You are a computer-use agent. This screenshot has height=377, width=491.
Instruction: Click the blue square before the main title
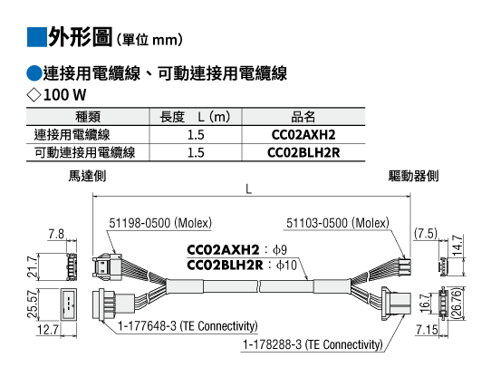tap(36, 37)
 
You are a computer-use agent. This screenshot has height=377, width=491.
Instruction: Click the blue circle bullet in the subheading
tap(34, 73)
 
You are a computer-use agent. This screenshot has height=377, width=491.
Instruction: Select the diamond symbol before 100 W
tap(34, 94)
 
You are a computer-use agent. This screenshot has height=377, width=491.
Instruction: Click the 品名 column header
tap(303, 117)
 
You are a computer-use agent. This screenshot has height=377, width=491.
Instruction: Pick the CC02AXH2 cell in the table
tap(303, 135)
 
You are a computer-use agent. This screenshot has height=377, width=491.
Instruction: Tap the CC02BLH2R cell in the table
tap(303, 152)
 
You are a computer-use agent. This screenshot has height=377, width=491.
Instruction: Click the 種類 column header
tap(88, 117)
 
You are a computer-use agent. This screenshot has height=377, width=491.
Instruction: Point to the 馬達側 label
tap(87, 176)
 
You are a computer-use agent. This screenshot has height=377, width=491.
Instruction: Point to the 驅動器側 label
tap(413, 176)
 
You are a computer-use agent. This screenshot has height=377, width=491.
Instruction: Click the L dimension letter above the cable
tap(248, 189)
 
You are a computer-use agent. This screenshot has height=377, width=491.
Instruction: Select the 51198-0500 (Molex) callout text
tap(160, 223)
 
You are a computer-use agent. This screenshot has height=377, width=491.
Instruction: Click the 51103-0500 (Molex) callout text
tap(338, 223)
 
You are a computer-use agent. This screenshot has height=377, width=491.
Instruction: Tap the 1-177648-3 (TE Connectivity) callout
tap(188, 326)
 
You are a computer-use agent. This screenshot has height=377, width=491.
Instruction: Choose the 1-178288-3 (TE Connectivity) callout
tap(313, 344)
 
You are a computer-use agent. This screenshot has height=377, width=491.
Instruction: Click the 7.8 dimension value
tap(56, 234)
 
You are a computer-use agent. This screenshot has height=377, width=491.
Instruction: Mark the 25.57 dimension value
tap(33, 304)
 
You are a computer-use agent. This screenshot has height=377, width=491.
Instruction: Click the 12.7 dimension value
tap(48, 330)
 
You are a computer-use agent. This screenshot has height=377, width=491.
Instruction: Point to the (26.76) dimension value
tap(457, 304)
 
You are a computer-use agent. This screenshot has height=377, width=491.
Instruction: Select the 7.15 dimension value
tap(427, 330)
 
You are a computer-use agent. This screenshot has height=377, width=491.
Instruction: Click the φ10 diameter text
tap(286, 266)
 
